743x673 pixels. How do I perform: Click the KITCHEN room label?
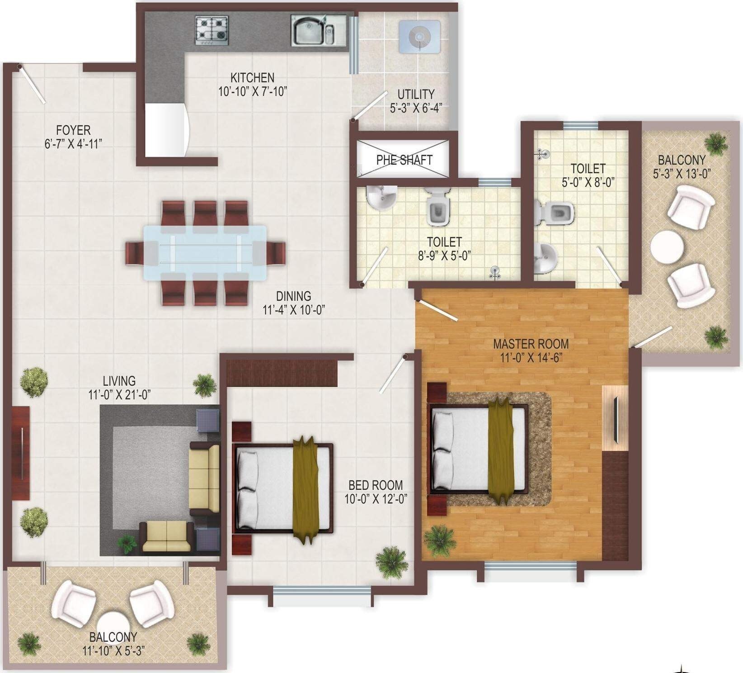click(x=252, y=77)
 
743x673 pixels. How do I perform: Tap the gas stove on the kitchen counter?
click(x=212, y=30)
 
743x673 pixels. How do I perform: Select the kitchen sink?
click(x=313, y=31)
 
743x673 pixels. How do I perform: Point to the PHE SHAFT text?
click(x=404, y=160)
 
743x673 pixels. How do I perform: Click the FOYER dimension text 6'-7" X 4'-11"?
click(x=73, y=144)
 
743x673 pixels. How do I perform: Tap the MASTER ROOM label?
click(x=531, y=344)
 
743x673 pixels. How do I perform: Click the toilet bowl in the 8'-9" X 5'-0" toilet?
click(x=438, y=208)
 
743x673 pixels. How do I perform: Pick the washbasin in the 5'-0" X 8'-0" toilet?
click(x=545, y=258)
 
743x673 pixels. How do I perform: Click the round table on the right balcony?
click(x=667, y=247)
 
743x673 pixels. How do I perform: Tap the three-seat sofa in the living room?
click(x=203, y=479)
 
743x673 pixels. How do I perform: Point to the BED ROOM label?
click(x=375, y=485)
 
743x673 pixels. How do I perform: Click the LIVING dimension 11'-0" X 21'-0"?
click(x=119, y=394)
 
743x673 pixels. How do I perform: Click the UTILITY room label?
click(x=416, y=95)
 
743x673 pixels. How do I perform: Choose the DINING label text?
click(x=293, y=296)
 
